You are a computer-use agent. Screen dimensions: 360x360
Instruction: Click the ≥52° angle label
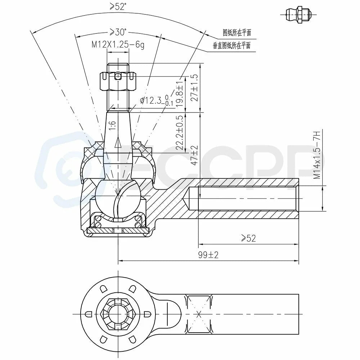pyautogui.click(x=118, y=6)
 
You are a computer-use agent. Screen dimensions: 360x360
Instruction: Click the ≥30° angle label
pyautogui.click(x=118, y=32)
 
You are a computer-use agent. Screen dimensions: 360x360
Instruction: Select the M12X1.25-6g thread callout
pyautogui.click(x=118, y=45)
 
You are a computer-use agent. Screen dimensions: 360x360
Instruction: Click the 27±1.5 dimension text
pyautogui.click(x=194, y=87)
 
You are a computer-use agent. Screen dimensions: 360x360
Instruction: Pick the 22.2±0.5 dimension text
pyautogui.click(x=180, y=132)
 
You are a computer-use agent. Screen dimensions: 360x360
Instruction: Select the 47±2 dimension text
pyautogui.click(x=194, y=156)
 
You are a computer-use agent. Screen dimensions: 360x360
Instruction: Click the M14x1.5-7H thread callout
pyautogui.click(x=317, y=155)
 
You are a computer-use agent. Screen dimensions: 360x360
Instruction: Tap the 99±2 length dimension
pyautogui.click(x=208, y=255)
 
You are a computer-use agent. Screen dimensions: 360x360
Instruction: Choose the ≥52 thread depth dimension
pyautogui.click(x=248, y=239)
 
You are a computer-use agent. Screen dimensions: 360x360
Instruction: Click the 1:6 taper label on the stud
pyautogui.click(x=112, y=126)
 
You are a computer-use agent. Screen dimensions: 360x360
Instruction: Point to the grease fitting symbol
pyautogui.click(x=299, y=15)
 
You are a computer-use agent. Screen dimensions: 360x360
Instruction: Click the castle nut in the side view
pyautogui.click(x=118, y=81)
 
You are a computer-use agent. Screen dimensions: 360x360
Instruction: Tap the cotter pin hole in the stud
pyautogui.click(x=118, y=76)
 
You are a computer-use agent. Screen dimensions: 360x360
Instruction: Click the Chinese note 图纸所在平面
pyautogui.click(x=237, y=33)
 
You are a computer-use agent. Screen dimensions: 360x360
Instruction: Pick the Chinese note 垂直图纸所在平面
pyautogui.click(x=231, y=45)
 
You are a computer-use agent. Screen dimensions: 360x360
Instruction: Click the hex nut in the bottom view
pyautogui.click(x=118, y=314)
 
